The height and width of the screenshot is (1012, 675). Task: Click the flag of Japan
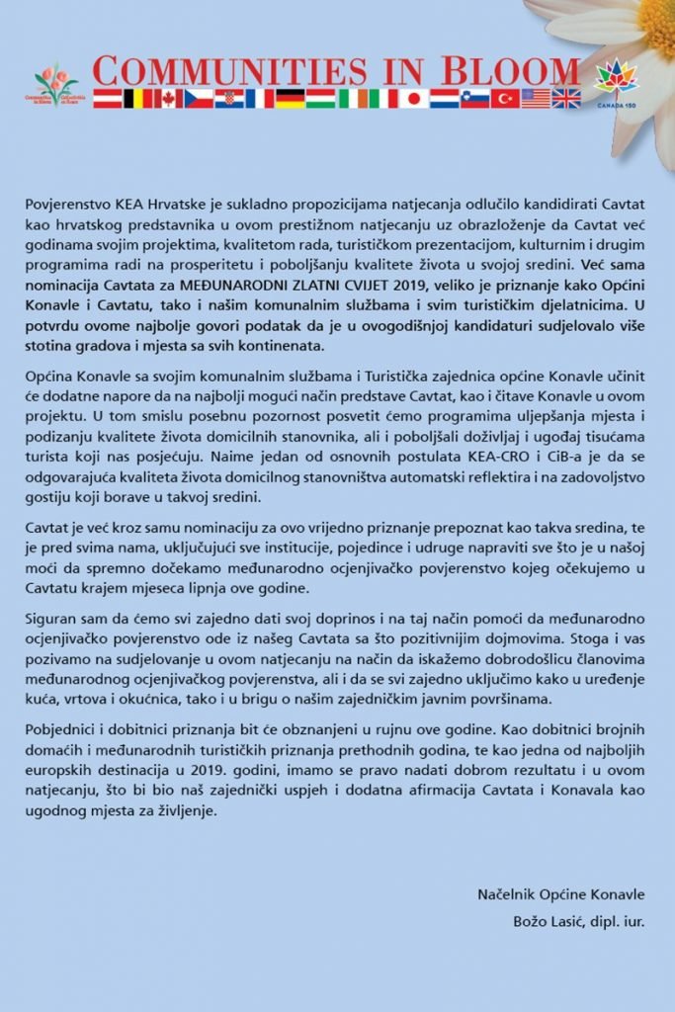point(413,98)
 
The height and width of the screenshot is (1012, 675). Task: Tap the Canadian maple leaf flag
point(168,98)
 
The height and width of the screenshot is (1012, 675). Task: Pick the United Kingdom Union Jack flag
point(566,98)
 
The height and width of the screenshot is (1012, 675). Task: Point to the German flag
point(291,98)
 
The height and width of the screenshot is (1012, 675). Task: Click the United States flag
point(536,98)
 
